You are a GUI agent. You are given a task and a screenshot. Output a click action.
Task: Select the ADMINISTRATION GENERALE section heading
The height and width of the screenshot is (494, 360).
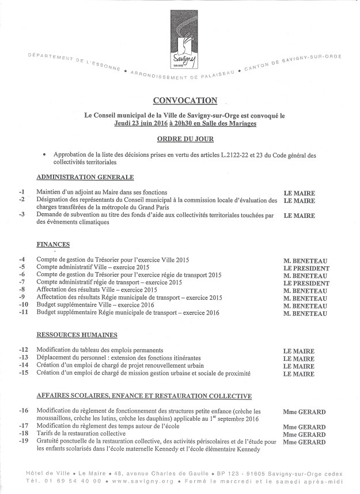[x=85, y=177]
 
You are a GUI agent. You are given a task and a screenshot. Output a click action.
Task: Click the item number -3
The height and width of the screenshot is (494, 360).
[x=21, y=216]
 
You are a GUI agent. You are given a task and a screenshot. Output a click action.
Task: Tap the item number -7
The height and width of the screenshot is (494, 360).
[x=21, y=283]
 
